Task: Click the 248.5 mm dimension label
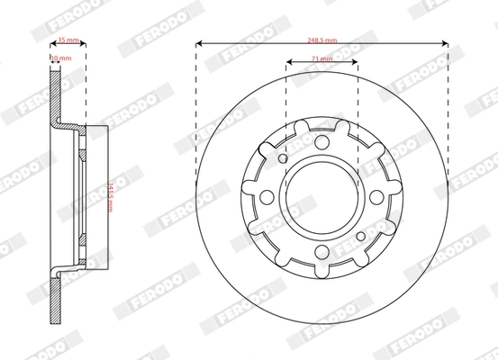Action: (321, 40)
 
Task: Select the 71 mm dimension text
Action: (321, 58)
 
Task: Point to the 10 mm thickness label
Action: (57, 58)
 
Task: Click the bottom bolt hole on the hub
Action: (322, 255)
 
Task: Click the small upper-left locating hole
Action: (283, 159)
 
